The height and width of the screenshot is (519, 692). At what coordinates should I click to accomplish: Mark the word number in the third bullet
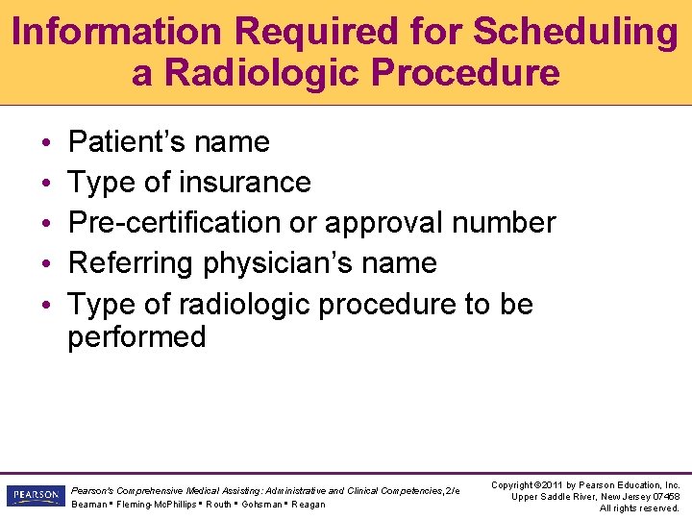505,222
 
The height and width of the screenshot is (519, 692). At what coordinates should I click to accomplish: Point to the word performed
136,337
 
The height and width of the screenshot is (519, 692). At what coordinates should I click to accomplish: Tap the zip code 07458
663,497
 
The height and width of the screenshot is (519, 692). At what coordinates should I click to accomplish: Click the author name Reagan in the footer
308,505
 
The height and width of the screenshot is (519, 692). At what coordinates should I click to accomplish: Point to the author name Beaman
90,505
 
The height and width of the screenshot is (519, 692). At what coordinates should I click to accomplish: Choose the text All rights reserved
639,508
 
